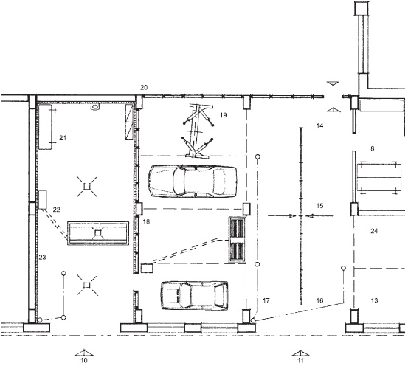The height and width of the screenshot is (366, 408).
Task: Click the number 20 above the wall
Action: point(144,88)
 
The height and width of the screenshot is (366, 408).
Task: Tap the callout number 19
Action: point(224,115)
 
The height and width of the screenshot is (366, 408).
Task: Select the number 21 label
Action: point(63,138)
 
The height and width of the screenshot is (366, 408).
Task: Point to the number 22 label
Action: point(57,210)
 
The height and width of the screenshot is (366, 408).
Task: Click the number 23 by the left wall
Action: point(42,258)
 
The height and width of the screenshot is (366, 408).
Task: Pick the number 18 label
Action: point(147,222)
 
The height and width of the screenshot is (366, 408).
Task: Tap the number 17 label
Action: point(266,300)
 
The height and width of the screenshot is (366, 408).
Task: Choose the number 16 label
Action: point(319,300)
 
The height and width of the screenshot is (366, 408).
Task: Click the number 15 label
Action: point(319,206)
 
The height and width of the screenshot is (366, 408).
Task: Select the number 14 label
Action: point(319,125)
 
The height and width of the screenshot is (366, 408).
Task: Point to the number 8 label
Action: point(373,148)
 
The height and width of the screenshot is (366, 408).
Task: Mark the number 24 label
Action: point(374,231)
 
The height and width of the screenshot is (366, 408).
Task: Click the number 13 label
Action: point(374,300)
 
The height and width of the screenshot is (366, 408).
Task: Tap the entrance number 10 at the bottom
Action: point(84,361)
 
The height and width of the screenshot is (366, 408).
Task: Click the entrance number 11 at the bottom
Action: point(300,361)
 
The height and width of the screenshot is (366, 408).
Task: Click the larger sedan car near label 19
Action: point(193,181)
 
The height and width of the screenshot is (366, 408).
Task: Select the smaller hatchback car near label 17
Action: point(195,296)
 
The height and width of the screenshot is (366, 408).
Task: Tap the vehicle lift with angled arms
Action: point(198,131)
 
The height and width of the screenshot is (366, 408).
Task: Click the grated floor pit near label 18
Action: point(238,240)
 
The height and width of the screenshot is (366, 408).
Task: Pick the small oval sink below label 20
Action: point(95,107)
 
